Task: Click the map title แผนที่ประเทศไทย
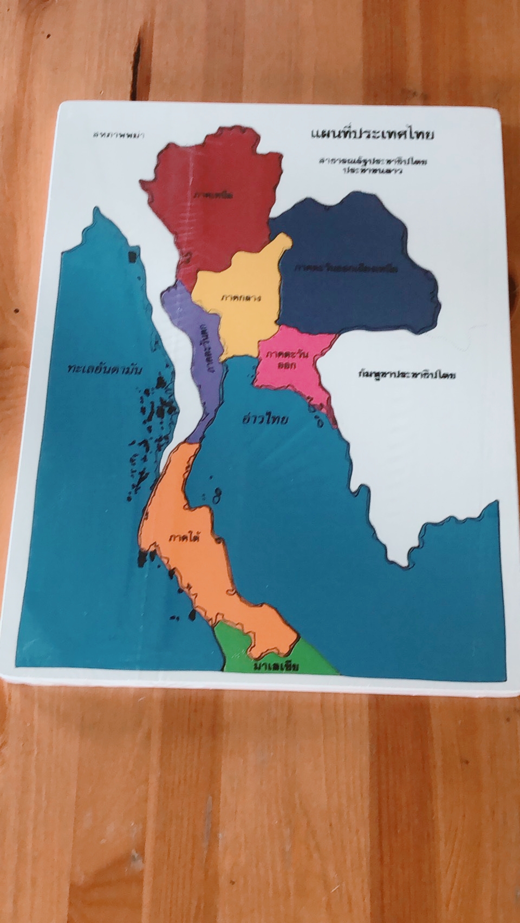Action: pos(372,134)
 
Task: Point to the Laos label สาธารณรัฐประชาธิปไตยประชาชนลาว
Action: pos(373,165)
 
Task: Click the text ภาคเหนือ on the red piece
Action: pos(212,195)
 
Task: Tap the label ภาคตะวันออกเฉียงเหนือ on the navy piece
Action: pos(346,268)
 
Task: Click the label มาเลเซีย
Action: pos(276,666)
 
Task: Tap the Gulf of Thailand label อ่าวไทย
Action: pos(265,419)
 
